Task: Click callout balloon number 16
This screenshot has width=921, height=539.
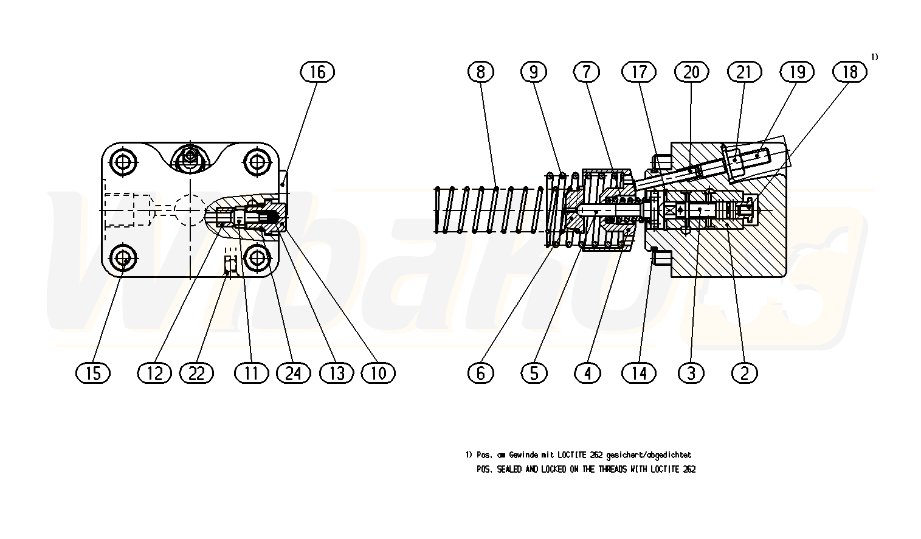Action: (x=318, y=72)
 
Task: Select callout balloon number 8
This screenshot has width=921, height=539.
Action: (x=481, y=72)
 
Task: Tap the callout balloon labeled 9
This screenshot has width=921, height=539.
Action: (x=534, y=72)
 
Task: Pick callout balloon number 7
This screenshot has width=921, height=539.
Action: (x=587, y=72)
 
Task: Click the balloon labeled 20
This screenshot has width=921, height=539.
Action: (x=692, y=72)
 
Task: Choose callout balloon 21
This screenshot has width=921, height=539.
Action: (x=744, y=72)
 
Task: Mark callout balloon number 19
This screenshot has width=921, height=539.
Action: (x=797, y=72)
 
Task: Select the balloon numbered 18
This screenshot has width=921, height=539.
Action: (x=850, y=72)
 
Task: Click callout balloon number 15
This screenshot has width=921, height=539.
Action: (x=93, y=372)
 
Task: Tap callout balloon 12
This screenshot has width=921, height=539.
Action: (x=154, y=372)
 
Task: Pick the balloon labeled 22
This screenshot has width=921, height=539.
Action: (x=196, y=372)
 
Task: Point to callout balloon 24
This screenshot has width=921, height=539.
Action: (x=293, y=372)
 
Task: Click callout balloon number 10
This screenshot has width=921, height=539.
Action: (x=378, y=372)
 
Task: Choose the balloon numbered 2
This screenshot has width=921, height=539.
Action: (x=745, y=372)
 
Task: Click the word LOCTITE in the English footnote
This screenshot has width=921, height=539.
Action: (x=665, y=470)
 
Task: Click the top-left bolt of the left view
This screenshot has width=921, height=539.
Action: (x=124, y=162)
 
